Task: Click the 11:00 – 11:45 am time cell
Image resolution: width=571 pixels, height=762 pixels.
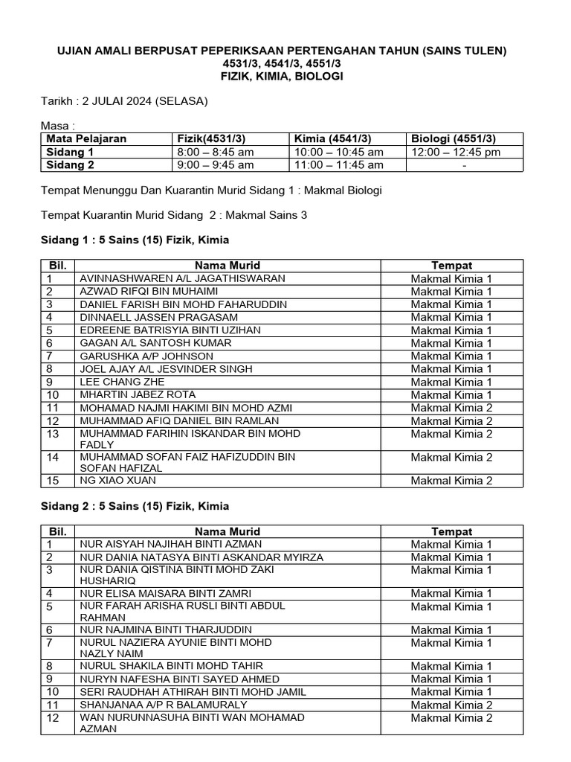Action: pyautogui.click(x=339, y=164)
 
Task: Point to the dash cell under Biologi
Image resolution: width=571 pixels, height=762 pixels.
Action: pyautogui.click(x=464, y=164)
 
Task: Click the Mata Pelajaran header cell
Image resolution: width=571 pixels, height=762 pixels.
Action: pyautogui.click(x=86, y=138)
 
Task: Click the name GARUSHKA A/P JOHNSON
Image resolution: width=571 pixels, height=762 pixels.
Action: pyautogui.click(x=136, y=356)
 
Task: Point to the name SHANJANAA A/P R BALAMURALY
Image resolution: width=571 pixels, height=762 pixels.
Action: pyautogui.click(x=153, y=704)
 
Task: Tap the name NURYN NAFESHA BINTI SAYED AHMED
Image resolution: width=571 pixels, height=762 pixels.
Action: pyautogui.click(x=179, y=679)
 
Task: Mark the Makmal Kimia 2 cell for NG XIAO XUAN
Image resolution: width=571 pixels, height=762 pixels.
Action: pyautogui.click(x=451, y=481)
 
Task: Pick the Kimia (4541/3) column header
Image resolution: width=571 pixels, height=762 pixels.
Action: pyautogui.click(x=333, y=138)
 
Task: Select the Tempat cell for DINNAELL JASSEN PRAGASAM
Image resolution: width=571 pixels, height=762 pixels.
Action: pyautogui.click(x=451, y=317)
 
